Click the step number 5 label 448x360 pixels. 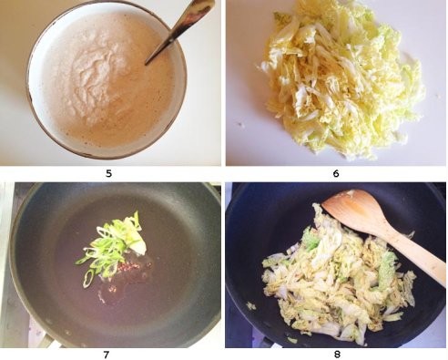click(x=108, y=173)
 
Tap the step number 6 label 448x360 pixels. click(x=336, y=173)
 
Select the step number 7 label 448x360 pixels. click(x=106, y=355)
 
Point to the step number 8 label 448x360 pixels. click(x=337, y=355)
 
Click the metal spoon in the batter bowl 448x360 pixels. click(x=179, y=29)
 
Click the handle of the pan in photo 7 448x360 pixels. click(x=46, y=342)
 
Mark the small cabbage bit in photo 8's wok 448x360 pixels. click(x=251, y=306)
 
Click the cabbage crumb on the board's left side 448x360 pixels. click(x=242, y=124)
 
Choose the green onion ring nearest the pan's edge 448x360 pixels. click(x=88, y=279)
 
